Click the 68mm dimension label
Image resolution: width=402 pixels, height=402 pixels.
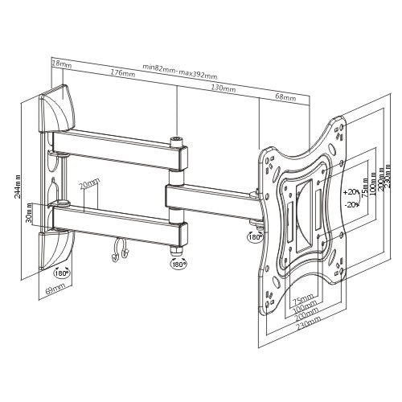point(285,97)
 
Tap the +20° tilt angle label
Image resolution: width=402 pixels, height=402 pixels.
point(350,193)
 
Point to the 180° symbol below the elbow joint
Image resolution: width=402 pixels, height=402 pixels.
point(176,263)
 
